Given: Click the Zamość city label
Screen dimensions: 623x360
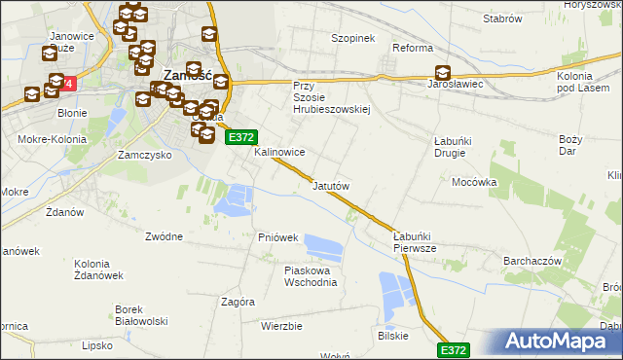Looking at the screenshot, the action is click(187, 73).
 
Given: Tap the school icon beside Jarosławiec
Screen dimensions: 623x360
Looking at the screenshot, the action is click(443, 72).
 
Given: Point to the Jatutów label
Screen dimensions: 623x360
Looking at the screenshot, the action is click(330, 185).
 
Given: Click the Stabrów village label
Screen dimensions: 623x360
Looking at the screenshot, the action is click(503, 18).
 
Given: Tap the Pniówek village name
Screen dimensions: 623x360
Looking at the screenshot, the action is click(277, 237).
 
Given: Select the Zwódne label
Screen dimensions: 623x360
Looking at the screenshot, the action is click(164, 235).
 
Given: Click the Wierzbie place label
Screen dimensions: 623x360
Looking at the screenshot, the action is click(281, 326).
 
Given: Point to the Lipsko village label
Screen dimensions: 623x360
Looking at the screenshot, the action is click(98, 344).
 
